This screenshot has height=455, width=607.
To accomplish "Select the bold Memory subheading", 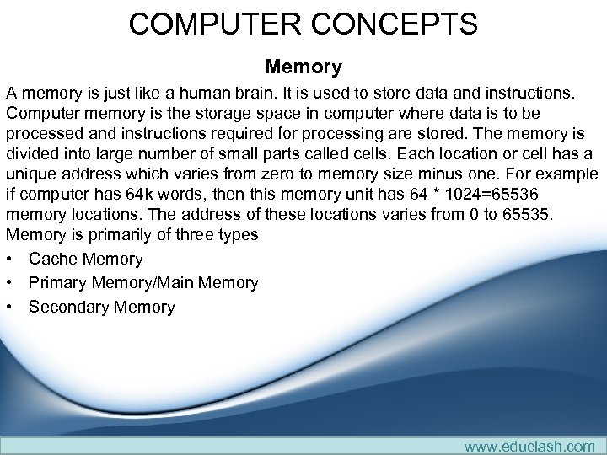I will (303, 67).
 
